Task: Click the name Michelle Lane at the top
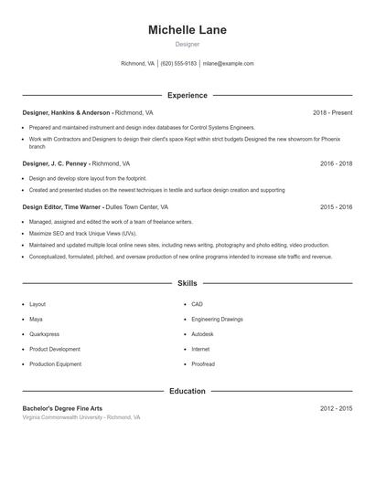(187, 30)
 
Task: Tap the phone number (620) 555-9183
(178, 64)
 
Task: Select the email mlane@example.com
(228, 64)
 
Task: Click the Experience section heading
(187, 95)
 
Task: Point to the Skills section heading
(187, 284)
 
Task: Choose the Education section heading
(187, 391)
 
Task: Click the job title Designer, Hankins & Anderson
(66, 112)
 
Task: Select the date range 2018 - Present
(332, 112)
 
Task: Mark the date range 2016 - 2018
(336, 163)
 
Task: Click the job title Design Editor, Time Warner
(61, 207)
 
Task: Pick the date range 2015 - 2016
(336, 207)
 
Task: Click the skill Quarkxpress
(45, 334)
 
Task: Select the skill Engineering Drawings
(218, 320)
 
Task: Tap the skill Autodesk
(202, 334)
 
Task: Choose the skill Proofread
(203, 364)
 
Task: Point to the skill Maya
(36, 320)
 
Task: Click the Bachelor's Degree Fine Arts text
(62, 408)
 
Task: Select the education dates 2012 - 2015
(336, 408)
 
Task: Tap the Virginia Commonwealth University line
(81, 417)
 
